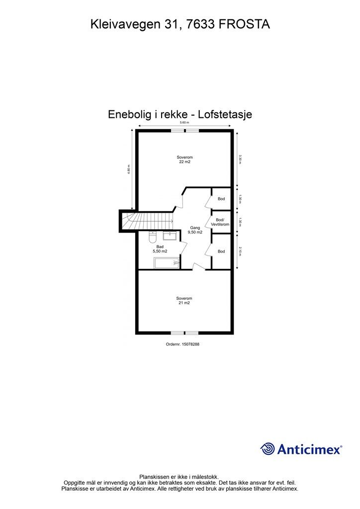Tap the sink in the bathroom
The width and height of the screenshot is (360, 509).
pyautogui.click(x=170, y=235)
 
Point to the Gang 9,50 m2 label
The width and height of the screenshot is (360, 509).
pyautogui.click(x=195, y=230)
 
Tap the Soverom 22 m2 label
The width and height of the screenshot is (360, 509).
pyautogui.click(x=184, y=160)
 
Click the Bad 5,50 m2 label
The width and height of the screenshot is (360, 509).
pyautogui.click(x=160, y=249)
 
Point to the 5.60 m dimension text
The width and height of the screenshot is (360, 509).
pyautogui.click(x=184, y=122)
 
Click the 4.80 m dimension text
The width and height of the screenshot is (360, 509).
pyautogui.click(x=129, y=170)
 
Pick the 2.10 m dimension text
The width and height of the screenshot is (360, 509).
pyautogui.click(x=240, y=251)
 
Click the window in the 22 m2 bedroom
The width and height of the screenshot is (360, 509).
pyautogui.click(x=185, y=131)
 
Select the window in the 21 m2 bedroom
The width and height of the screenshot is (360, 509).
pyautogui.click(x=184, y=333)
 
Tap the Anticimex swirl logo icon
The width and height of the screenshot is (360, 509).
pyautogui.click(x=268, y=449)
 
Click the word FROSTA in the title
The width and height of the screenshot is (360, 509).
pyautogui.click(x=244, y=24)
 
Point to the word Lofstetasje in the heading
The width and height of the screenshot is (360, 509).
pyautogui.click(x=225, y=114)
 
